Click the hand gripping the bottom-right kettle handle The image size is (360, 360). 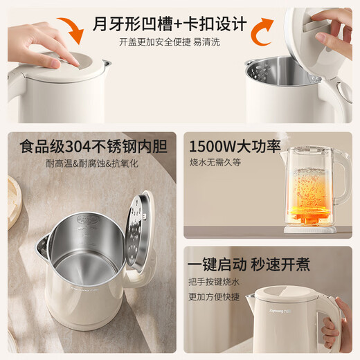click(x=336, y=325)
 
